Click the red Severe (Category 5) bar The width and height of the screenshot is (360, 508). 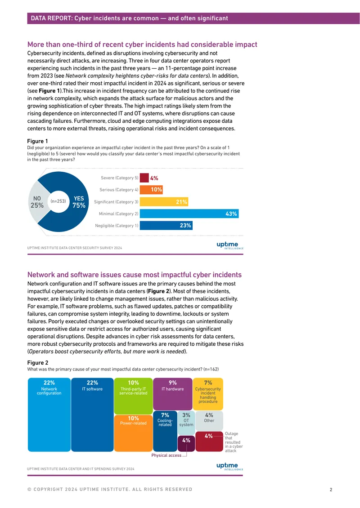click(144, 178)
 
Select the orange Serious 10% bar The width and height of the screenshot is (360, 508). click(152, 190)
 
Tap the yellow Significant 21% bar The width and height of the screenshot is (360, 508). click(164, 202)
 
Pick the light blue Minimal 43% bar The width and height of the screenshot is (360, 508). click(189, 214)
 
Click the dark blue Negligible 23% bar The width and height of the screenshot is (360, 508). click(166, 226)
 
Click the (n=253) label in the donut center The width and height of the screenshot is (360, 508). click(58, 201)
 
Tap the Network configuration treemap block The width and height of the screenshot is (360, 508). click(49, 414)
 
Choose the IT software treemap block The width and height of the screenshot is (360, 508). click(92, 414)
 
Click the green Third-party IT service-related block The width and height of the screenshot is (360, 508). click(133, 396)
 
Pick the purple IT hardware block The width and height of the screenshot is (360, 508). click(173, 394)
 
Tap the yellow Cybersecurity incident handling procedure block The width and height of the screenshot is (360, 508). click(208, 394)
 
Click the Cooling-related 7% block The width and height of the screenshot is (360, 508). click(165, 431)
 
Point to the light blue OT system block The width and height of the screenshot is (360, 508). click(186, 423)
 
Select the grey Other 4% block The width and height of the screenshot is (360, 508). click(209, 421)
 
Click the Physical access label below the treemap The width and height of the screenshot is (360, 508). click(166, 455)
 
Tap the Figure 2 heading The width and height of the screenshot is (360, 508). click(38, 362)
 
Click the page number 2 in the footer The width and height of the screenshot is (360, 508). click(331, 490)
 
